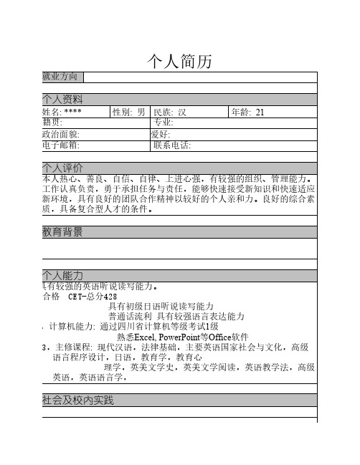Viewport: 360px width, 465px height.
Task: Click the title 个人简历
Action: (179, 61)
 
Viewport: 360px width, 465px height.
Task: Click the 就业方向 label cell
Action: (62, 77)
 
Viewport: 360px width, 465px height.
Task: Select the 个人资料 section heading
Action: (63, 99)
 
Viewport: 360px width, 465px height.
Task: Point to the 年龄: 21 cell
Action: (248, 112)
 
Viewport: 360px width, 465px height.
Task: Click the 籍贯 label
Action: (53, 123)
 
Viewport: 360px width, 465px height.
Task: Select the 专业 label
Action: (164, 123)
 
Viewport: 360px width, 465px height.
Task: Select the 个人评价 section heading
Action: (63, 168)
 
